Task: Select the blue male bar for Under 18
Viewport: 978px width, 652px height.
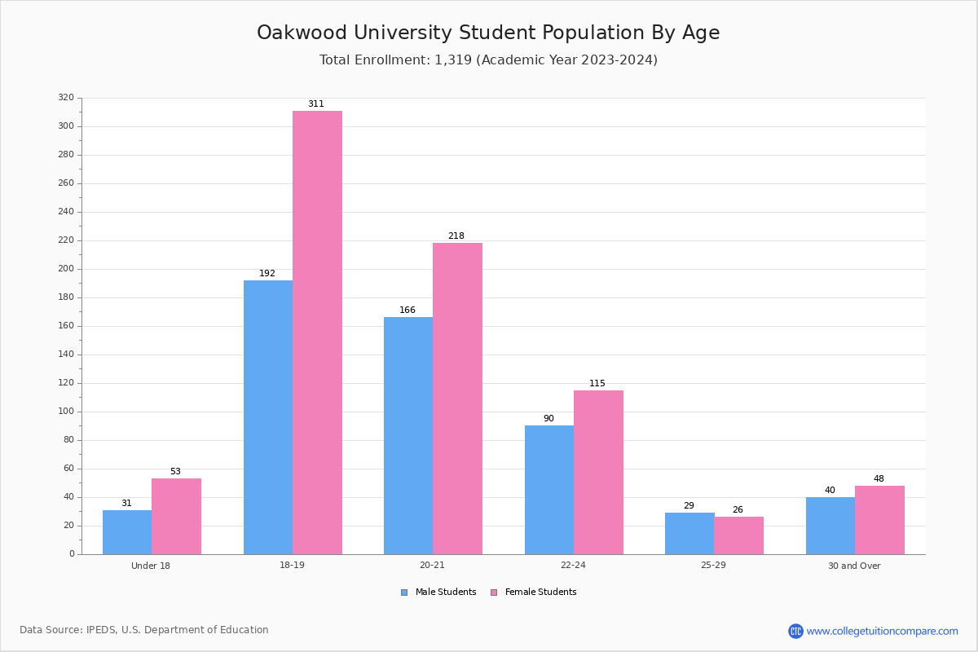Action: (127, 532)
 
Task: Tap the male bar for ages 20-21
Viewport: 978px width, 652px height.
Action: (408, 435)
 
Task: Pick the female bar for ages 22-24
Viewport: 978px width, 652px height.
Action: (598, 472)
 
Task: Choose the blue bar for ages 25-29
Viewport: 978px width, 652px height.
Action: (689, 533)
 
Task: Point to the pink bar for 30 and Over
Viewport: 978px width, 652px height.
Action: (879, 520)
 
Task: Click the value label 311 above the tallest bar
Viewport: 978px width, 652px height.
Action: (316, 104)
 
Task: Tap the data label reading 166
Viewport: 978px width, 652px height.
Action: (407, 311)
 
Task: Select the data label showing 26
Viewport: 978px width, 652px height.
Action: (738, 510)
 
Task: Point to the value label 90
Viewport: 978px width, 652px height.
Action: (548, 419)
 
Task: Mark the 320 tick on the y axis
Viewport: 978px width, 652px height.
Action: (66, 98)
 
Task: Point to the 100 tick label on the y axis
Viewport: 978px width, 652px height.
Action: (66, 412)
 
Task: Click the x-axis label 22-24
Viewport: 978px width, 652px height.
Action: (573, 566)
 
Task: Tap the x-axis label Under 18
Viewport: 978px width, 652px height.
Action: (151, 566)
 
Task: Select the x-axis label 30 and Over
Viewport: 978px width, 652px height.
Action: (854, 566)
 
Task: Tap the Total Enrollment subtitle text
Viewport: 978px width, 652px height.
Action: (488, 60)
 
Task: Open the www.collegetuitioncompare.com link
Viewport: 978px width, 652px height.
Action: (882, 631)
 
